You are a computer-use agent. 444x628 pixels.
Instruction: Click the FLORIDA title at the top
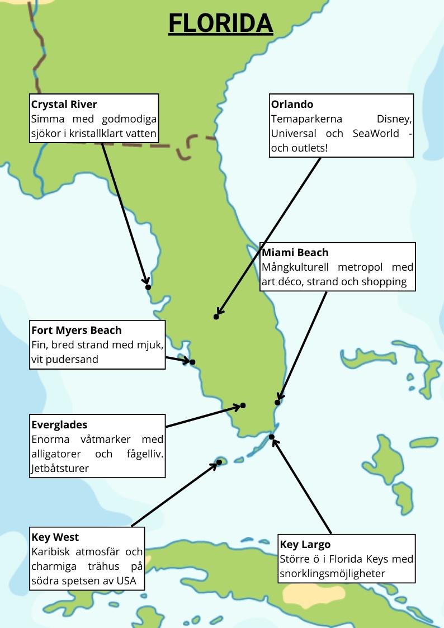point(220,23)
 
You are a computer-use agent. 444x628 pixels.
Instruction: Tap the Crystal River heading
point(64,105)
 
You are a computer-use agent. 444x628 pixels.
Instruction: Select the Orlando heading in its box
point(292,105)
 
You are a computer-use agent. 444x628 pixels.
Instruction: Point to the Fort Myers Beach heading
point(76,330)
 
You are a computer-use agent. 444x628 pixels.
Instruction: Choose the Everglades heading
point(59,425)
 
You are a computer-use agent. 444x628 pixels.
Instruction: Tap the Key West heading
point(55,538)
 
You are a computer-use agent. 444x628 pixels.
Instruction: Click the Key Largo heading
point(305,545)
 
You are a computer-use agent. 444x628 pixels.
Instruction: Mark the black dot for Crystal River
point(148,287)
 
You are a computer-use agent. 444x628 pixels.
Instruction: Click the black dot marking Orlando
point(216,317)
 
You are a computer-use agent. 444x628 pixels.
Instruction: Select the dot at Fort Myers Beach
point(192,362)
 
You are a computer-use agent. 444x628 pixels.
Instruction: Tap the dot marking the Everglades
point(243,405)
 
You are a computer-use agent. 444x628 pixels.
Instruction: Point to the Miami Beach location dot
point(277,403)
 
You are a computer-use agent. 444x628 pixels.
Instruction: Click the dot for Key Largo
point(272,437)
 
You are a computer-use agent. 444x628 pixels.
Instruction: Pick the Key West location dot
point(219,462)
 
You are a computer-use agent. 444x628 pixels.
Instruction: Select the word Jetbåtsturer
point(60,469)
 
